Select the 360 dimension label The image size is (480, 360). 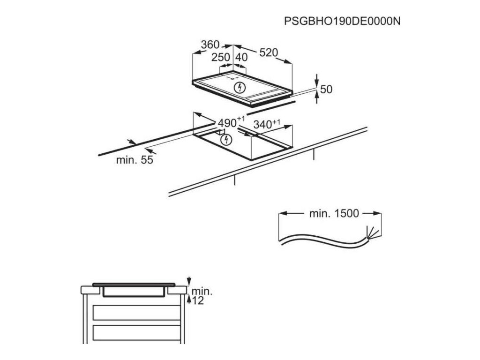pyautogui.click(x=210, y=45)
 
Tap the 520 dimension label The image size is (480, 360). pyautogui.click(x=269, y=52)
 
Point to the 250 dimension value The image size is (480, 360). pyautogui.click(x=220, y=57)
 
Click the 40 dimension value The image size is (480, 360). pyautogui.click(x=241, y=57)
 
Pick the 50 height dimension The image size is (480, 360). pyautogui.click(x=326, y=89)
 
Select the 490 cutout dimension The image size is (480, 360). pyautogui.click(x=228, y=123)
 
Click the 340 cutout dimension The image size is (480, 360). pyautogui.click(x=263, y=125)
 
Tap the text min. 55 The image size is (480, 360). pyautogui.click(x=135, y=160)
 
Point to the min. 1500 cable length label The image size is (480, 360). pyautogui.click(x=334, y=214)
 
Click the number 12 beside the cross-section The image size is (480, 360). pyautogui.click(x=198, y=301)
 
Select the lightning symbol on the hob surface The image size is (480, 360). pyautogui.click(x=240, y=87)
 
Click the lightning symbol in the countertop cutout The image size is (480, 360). pyautogui.click(x=226, y=139)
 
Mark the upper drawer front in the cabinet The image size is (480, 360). pyautogui.click(x=136, y=312)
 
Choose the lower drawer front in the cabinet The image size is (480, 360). pyautogui.click(x=136, y=333)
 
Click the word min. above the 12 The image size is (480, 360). pyautogui.click(x=202, y=291)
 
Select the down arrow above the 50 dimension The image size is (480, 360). pyautogui.click(x=317, y=79)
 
